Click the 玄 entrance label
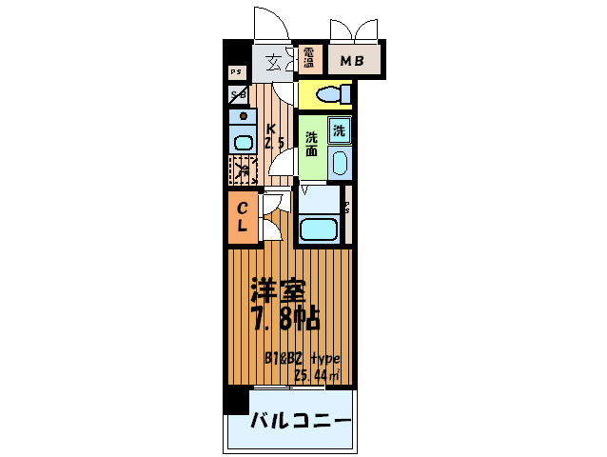(273, 63)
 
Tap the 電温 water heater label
(310, 60)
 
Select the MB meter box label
(353, 62)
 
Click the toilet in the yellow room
(329, 95)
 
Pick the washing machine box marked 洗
(340, 130)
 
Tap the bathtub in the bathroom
(320, 229)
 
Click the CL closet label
(243, 217)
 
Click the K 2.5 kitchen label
(273, 137)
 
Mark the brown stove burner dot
(244, 116)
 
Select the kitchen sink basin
(243, 142)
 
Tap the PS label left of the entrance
(236, 71)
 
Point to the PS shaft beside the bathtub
(347, 209)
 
